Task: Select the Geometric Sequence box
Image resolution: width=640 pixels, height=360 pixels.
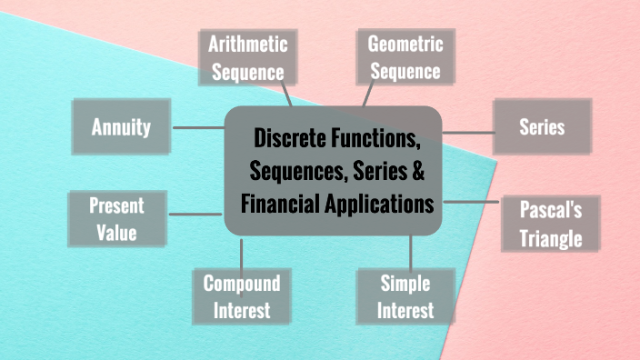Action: coord(405,56)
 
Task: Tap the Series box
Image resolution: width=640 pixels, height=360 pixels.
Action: coord(542,126)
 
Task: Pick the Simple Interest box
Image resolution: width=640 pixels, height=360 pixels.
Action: coord(406,295)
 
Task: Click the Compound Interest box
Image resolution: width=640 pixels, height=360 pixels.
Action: coord(242,295)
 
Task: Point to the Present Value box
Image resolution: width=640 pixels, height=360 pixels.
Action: coord(117,218)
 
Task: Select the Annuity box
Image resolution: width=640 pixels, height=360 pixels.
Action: coord(121,127)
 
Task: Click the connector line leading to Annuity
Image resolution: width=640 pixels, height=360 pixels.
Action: coord(197,127)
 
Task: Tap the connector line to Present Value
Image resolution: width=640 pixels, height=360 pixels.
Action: coord(196,215)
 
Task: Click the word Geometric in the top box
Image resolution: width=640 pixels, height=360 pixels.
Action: coord(405,43)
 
